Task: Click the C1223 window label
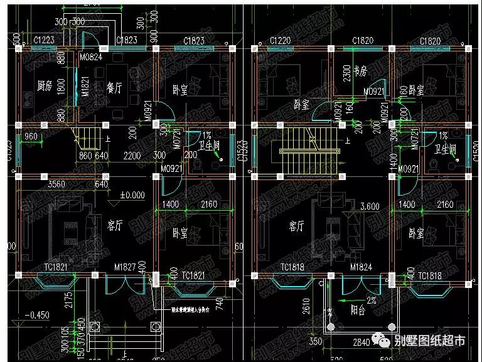click(x=45, y=41)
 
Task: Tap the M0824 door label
click(x=91, y=58)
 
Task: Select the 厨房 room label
click(x=43, y=85)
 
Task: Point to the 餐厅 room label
click(x=113, y=85)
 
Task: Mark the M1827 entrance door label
click(x=126, y=268)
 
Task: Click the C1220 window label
click(x=279, y=41)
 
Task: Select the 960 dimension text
click(x=31, y=136)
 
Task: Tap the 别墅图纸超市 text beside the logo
click(x=430, y=341)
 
